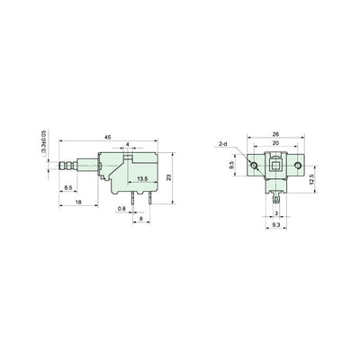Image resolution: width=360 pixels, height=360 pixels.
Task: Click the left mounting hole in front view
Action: tap(255, 167)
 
